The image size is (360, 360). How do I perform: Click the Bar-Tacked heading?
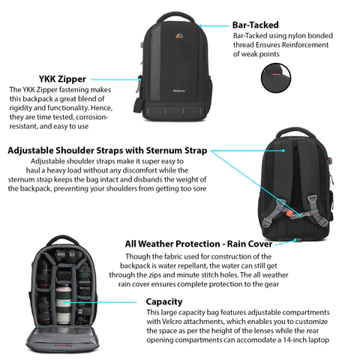click(x=255, y=25)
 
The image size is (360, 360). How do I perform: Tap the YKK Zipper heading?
click(x=62, y=79)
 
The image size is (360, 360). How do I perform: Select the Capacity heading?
click(x=164, y=301)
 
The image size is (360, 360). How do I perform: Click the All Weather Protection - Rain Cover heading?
click(x=199, y=244)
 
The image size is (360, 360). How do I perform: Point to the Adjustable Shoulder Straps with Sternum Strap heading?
click(x=107, y=151)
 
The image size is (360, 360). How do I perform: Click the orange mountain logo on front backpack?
click(x=179, y=36)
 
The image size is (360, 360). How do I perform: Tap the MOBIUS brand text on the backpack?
click(x=179, y=91)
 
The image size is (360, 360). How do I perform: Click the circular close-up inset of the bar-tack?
click(x=276, y=78)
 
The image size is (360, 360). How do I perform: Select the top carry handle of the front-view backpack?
click(x=175, y=16)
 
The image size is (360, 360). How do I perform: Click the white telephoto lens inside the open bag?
click(x=63, y=305)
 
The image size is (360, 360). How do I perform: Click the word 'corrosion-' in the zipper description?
click(x=91, y=117)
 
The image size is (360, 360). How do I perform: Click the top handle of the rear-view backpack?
click(x=295, y=133)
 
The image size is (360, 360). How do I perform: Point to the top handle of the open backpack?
click(x=63, y=240)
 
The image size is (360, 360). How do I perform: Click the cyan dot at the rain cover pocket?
click(x=295, y=240)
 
